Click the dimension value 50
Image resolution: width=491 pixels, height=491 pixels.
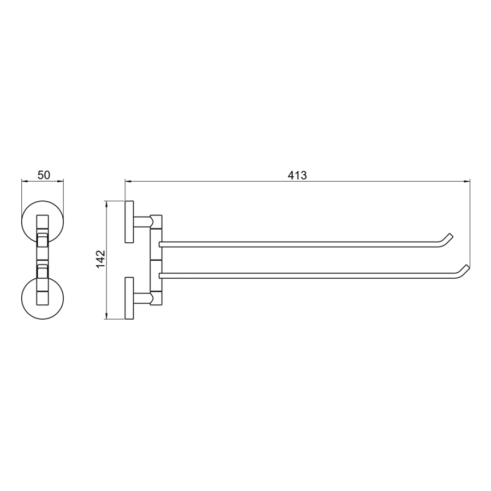pos(44,175)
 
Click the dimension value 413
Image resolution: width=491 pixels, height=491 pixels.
pos(297,175)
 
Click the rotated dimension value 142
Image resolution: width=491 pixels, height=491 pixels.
pos(100,259)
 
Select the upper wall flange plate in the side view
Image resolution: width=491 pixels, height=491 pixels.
pos(129,221)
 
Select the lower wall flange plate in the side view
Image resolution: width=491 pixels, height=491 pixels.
pos(129,298)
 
